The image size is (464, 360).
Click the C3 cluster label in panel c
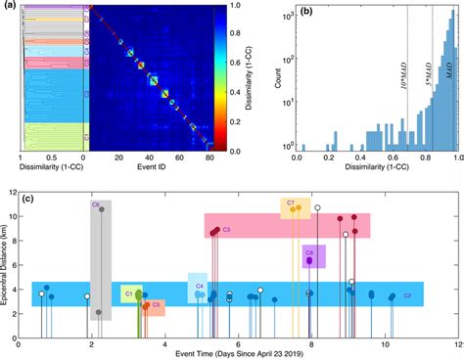pyautogui.click(x=226, y=230)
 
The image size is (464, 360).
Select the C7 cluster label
pyautogui.click(x=291, y=202)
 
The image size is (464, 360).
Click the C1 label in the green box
pyautogui.click(x=128, y=293)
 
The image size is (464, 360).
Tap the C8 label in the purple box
pyautogui.click(x=308, y=251)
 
